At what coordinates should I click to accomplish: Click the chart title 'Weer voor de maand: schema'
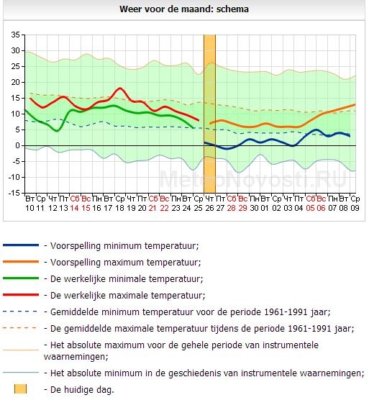[184, 9]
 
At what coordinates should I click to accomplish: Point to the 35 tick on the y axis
[15, 35]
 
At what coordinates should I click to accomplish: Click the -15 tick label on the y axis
[14, 193]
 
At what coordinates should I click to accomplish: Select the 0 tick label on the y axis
[17, 145]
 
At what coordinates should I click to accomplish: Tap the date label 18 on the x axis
[119, 208]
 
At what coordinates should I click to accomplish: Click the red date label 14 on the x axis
[75, 208]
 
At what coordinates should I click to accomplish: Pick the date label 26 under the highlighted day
[209, 208]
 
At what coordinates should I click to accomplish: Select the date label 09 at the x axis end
[355, 208]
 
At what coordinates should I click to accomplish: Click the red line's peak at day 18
[120, 88]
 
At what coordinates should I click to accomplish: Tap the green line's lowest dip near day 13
[58, 131]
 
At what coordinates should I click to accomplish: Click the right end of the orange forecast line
[355, 104]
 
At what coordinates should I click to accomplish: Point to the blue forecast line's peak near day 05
[316, 129]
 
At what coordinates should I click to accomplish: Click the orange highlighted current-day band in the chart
[209, 114]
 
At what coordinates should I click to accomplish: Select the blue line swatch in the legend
[21, 245]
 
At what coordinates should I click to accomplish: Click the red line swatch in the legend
[21, 295]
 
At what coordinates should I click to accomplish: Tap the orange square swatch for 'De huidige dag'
[20, 389]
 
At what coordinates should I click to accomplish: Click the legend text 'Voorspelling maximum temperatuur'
[125, 263]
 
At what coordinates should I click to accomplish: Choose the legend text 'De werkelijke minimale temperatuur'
[127, 279]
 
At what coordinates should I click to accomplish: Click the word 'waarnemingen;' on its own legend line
[76, 356]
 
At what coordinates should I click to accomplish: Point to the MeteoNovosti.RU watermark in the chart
[253, 179]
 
